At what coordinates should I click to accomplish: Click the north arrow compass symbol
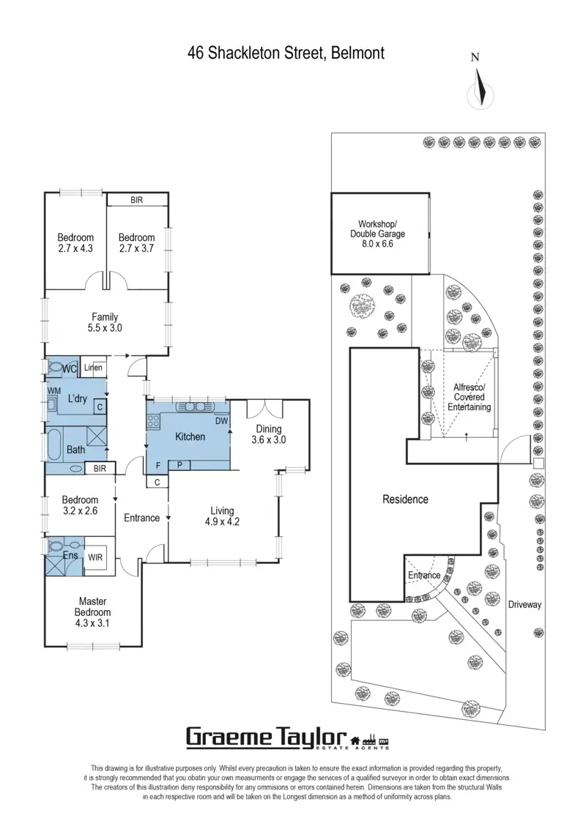pyautogui.click(x=480, y=86)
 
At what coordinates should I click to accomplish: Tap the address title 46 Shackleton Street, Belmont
pyautogui.click(x=286, y=53)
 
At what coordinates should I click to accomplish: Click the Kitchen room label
pyautogui.click(x=190, y=436)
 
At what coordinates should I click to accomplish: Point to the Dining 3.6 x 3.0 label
pyautogui.click(x=268, y=434)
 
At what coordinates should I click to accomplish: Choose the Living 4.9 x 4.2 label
pyautogui.click(x=222, y=516)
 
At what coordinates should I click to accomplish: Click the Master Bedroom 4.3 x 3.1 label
pyautogui.click(x=92, y=612)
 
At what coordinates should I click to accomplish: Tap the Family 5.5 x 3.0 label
pyautogui.click(x=105, y=322)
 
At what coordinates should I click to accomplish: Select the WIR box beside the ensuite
pyautogui.click(x=96, y=557)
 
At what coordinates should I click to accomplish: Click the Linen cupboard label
pyautogui.click(x=93, y=368)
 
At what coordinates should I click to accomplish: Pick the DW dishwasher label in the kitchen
pyautogui.click(x=220, y=421)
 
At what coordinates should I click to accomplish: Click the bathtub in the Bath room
pyautogui.click(x=55, y=445)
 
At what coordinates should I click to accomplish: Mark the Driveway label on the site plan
pyautogui.click(x=524, y=604)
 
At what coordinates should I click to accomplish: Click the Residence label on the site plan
pyautogui.click(x=405, y=499)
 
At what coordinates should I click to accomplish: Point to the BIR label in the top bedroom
pyautogui.click(x=137, y=199)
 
